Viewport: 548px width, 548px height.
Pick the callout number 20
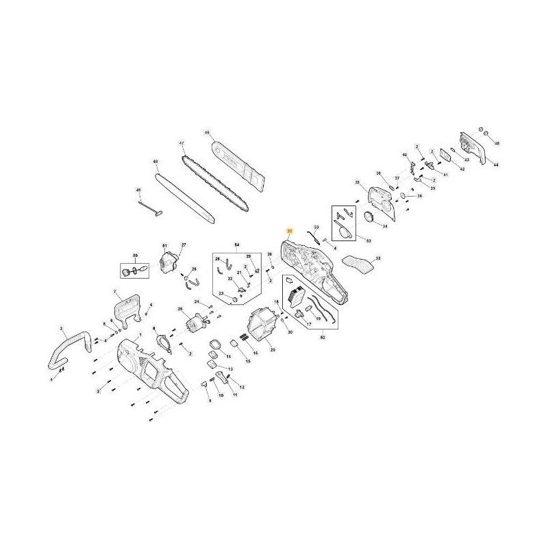pos(272,350)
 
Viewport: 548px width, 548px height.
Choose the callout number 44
pos(496,165)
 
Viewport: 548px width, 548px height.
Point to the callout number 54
pos(237,245)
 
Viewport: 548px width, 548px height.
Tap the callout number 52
pos(323,337)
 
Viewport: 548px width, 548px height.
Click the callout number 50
pos(135,256)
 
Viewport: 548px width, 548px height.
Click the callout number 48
pos(155,162)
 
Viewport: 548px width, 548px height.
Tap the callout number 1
pos(140,335)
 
